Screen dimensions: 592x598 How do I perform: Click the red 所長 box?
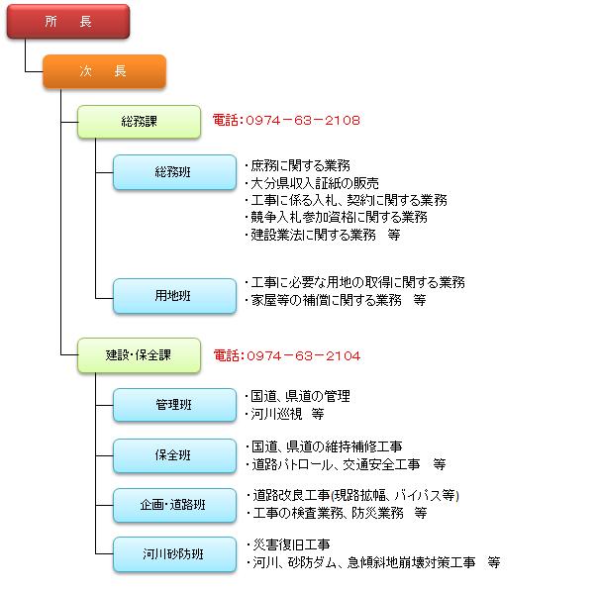pyautogui.click(x=67, y=22)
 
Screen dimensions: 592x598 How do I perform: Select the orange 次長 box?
pyautogui.click(x=104, y=71)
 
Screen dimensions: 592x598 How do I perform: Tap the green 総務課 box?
pyautogui.click(x=140, y=121)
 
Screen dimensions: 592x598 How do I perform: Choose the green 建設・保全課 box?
pyautogui.click(x=140, y=355)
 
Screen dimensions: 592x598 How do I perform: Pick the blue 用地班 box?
pyautogui.click(x=174, y=295)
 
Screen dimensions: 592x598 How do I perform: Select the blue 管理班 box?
pyautogui.click(x=174, y=405)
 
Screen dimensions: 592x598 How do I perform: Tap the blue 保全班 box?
pyautogui.click(x=174, y=455)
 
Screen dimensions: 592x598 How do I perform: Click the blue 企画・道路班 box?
pyautogui.click(x=174, y=505)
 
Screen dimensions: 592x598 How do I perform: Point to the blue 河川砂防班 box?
pyautogui.click(x=174, y=554)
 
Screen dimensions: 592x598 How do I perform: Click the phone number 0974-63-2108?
pyautogui.click(x=286, y=121)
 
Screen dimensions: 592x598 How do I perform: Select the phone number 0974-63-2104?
pyautogui.click(x=286, y=355)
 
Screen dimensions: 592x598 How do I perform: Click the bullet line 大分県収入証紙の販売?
pyautogui.click(x=311, y=183)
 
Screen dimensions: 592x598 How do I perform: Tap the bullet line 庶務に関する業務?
pyautogui.click(x=297, y=165)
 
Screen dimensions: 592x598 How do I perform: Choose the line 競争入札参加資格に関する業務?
pyautogui.click(x=336, y=217)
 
